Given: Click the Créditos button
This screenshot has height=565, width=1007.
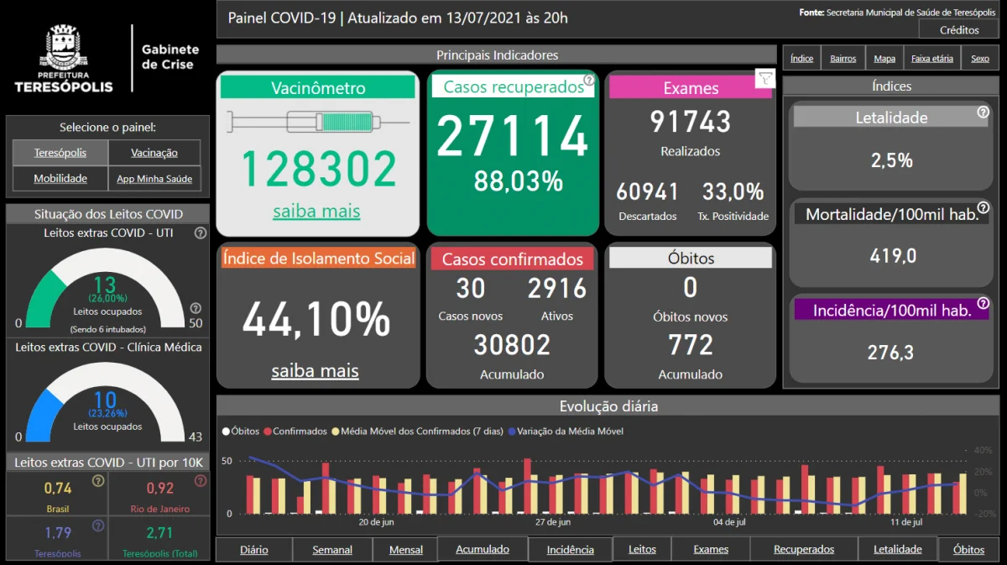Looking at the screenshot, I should coord(959,30).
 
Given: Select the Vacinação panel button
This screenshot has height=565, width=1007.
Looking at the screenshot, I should coord(154,153).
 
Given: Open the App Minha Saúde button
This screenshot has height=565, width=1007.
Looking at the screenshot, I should coord(154,179).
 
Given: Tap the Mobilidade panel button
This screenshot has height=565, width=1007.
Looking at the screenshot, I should coord(60,179).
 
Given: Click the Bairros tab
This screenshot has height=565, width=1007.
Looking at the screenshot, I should coord(843,59).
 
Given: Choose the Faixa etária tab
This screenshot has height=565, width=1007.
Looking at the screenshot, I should coord(932,59).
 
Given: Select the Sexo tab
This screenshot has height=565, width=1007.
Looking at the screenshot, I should coord(980,59).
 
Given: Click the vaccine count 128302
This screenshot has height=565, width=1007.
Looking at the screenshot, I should coord(318,169).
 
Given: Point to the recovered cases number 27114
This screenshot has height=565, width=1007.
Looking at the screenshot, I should coord(513,137).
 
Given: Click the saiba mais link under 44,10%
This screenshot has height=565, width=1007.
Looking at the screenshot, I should coord(315,371).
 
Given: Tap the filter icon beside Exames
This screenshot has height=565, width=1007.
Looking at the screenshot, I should coord(764,79).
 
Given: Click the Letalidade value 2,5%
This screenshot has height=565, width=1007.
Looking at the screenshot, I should coord(891,160).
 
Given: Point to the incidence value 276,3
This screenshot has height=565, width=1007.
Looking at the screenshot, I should coord(891,353).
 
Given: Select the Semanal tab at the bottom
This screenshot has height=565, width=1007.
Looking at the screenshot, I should coord(332,550).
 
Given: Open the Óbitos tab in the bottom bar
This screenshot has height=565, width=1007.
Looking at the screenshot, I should coord(968,550).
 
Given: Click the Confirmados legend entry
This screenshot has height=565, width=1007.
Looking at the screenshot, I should coord(299,432).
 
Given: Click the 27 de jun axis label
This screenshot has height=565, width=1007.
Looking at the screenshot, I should coord(553,522).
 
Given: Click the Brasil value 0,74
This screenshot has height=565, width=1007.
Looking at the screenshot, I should coord(58,489).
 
